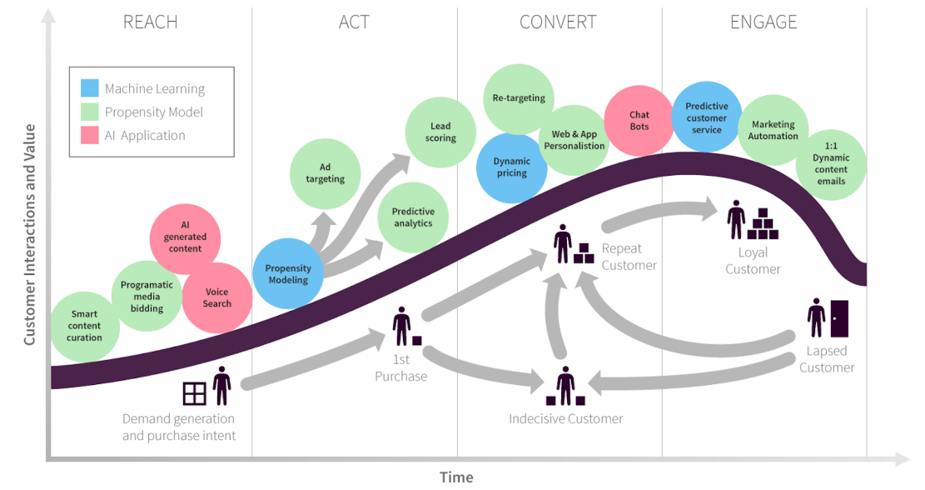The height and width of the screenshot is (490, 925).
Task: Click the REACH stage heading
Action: [x=150, y=22]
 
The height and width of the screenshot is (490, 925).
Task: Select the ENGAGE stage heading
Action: [x=763, y=22]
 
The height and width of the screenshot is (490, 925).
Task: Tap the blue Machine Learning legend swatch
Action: [x=90, y=88]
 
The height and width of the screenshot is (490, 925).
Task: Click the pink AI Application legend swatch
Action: [x=90, y=135]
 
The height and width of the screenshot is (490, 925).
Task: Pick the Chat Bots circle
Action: [x=639, y=121]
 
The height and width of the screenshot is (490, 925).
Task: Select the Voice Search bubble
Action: [x=217, y=297]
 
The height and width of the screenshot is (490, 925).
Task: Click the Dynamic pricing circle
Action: [x=511, y=167]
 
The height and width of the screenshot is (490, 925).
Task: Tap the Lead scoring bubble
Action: [x=440, y=132]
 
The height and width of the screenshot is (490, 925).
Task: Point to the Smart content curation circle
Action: [x=84, y=327]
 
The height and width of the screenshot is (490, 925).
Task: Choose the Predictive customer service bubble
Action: [x=707, y=117]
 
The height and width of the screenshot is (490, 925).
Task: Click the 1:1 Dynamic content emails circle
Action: [x=831, y=164]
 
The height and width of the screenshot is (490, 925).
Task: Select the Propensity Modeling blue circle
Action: [x=288, y=273]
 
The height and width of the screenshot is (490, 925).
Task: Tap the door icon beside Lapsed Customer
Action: [x=839, y=319]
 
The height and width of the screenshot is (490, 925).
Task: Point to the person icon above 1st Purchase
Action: [x=402, y=326]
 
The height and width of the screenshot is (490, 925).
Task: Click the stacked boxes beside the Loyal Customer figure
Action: [x=763, y=223]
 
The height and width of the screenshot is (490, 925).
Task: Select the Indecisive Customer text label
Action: [x=565, y=418]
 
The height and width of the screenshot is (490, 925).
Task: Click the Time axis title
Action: [x=456, y=477]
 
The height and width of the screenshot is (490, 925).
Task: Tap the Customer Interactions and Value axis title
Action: [x=29, y=234]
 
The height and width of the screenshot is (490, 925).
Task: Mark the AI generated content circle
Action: [x=185, y=238]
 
